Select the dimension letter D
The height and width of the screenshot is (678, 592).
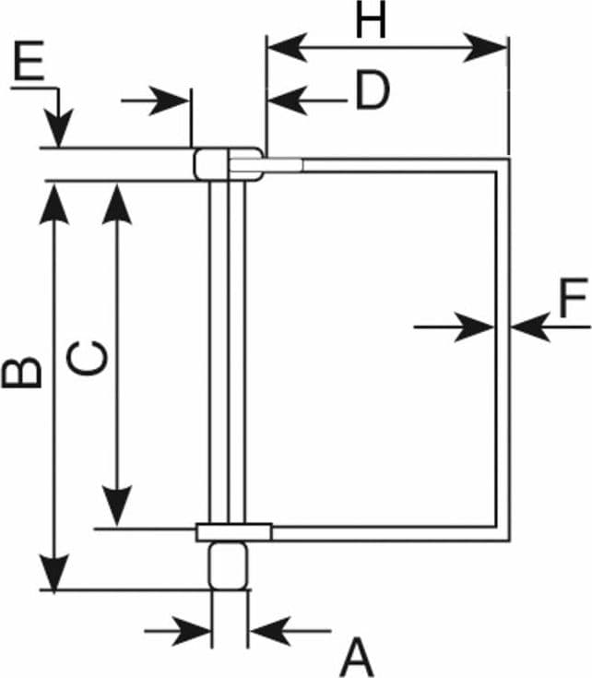(372, 90)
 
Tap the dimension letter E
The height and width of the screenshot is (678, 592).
(29, 60)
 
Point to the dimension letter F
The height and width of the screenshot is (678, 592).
(574, 297)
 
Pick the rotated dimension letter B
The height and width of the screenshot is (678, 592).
(21, 372)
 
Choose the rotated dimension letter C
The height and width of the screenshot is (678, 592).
(88, 358)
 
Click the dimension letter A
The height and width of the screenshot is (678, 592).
(357, 657)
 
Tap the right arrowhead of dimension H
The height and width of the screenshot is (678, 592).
(485, 47)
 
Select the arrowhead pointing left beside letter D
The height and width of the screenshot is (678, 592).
(288, 101)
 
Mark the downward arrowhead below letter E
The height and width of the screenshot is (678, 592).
(59, 127)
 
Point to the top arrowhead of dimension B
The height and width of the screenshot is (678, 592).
(54, 204)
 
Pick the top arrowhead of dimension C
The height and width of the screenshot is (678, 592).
(117, 204)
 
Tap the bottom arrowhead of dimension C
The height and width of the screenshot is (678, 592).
(117, 506)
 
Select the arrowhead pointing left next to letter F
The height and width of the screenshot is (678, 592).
(530, 327)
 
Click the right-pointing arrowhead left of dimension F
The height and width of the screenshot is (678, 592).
(475, 327)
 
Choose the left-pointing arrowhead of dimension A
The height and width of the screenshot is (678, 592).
(270, 631)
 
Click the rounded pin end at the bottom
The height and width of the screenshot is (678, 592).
(229, 566)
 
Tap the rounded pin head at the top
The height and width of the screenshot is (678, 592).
(228, 164)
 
